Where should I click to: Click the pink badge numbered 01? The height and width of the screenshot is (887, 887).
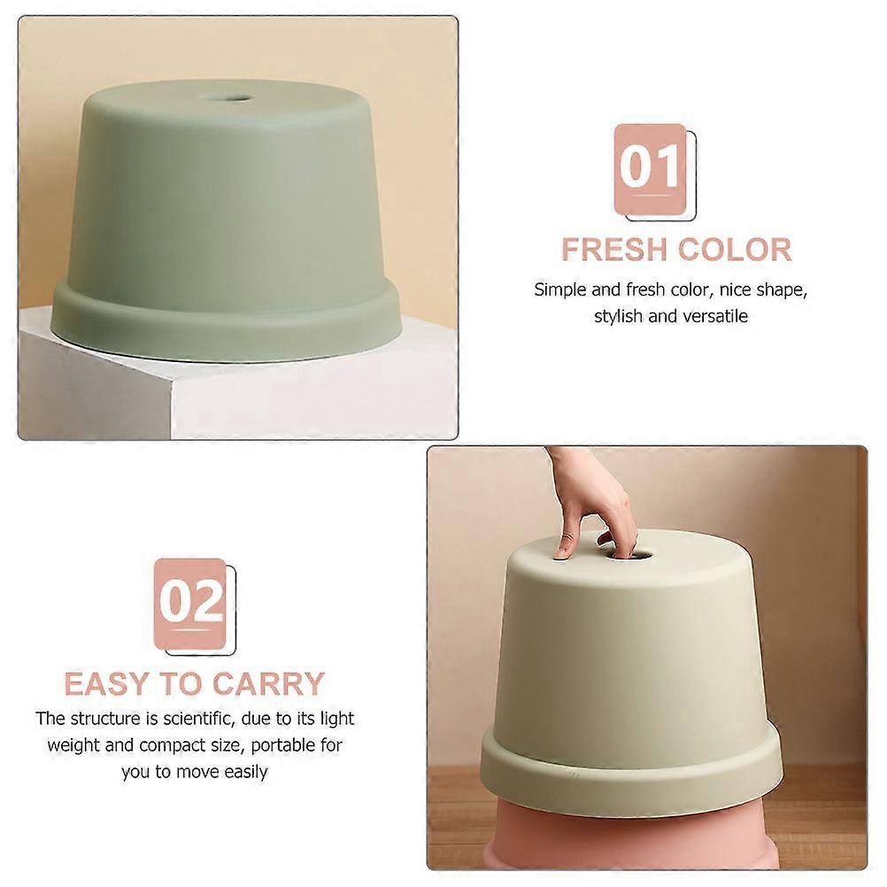[651, 169]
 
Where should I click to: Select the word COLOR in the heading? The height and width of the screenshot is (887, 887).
[734, 250]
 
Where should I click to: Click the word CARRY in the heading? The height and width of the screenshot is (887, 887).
[268, 684]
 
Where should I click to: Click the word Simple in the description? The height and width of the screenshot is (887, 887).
[560, 289]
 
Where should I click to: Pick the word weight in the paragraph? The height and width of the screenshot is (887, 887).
[73, 745]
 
